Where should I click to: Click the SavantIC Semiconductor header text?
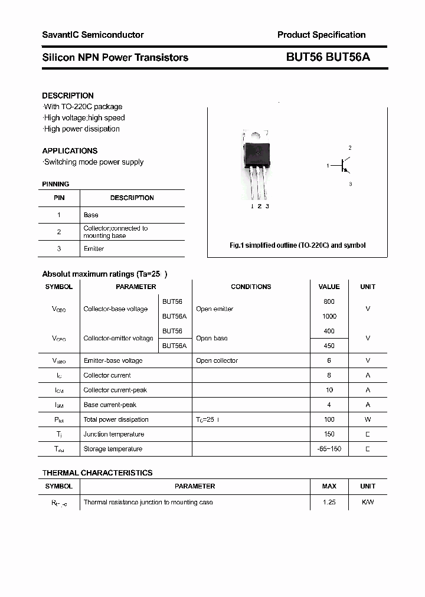tap(93, 35)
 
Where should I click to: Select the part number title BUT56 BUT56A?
tap(328, 57)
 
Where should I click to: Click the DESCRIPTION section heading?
tap(68, 96)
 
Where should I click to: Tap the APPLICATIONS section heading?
tap(70, 150)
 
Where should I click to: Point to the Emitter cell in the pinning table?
tap(94, 249)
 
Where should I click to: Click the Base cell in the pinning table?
tap(91, 215)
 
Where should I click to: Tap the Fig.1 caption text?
tap(297, 245)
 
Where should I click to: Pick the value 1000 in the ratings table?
tap(329, 316)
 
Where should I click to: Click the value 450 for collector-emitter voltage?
tap(329, 346)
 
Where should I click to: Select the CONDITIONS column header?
tap(251, 287)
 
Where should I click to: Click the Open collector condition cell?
tap(217, 360)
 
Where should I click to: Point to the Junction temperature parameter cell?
tap(113, 434)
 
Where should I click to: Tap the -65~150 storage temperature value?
tap(329, 449)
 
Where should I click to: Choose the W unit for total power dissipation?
tap(367, 419)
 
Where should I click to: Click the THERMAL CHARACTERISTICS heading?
tap(97, 473)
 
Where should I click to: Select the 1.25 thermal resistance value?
tap(329, 502)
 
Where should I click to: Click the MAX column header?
tap(329, 486)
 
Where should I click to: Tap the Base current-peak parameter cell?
tap(110, 405)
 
